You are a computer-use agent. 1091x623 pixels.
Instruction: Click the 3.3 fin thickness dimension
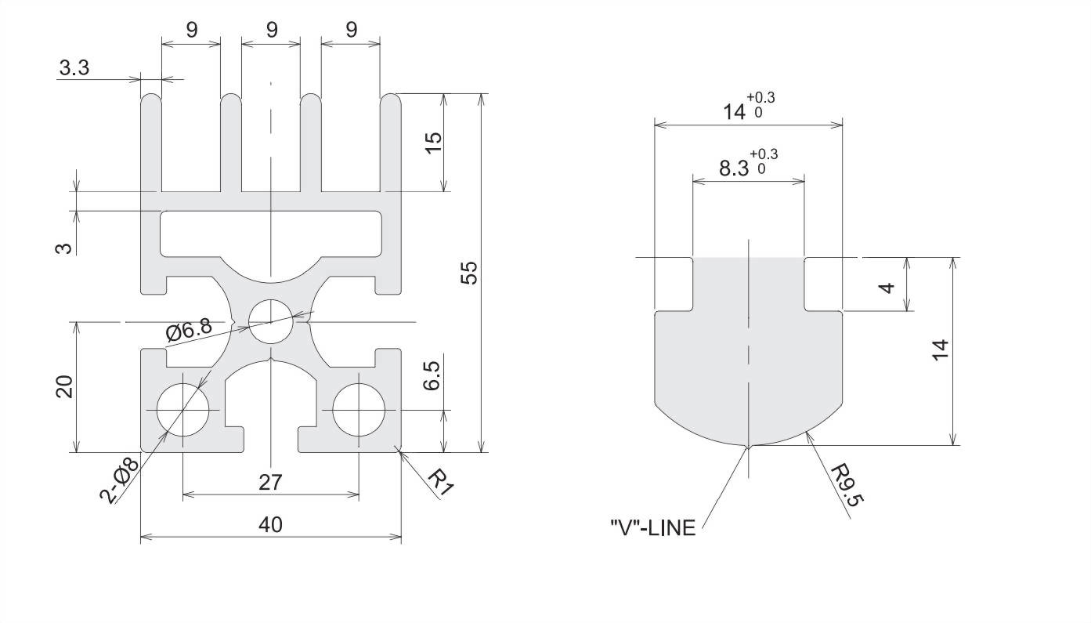coord(74,68)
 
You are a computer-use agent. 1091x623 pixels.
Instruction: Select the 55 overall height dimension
coord(468,272)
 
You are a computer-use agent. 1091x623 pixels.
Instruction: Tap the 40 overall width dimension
coord(270,524)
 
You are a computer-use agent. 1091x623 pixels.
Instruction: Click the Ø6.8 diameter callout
coord(188,331)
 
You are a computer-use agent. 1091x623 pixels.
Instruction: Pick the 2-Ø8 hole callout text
coord(120,477)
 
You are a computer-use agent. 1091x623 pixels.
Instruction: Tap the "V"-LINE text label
coord(652,528)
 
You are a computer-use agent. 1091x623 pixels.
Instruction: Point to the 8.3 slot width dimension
coord(733,168)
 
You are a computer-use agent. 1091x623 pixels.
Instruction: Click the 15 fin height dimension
coord(433,142)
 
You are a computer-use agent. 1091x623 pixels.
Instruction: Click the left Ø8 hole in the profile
coord(182,411)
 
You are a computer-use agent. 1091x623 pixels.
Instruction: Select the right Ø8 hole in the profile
coord(359,411)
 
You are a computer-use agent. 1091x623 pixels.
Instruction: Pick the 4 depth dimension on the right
coord(886,287)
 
